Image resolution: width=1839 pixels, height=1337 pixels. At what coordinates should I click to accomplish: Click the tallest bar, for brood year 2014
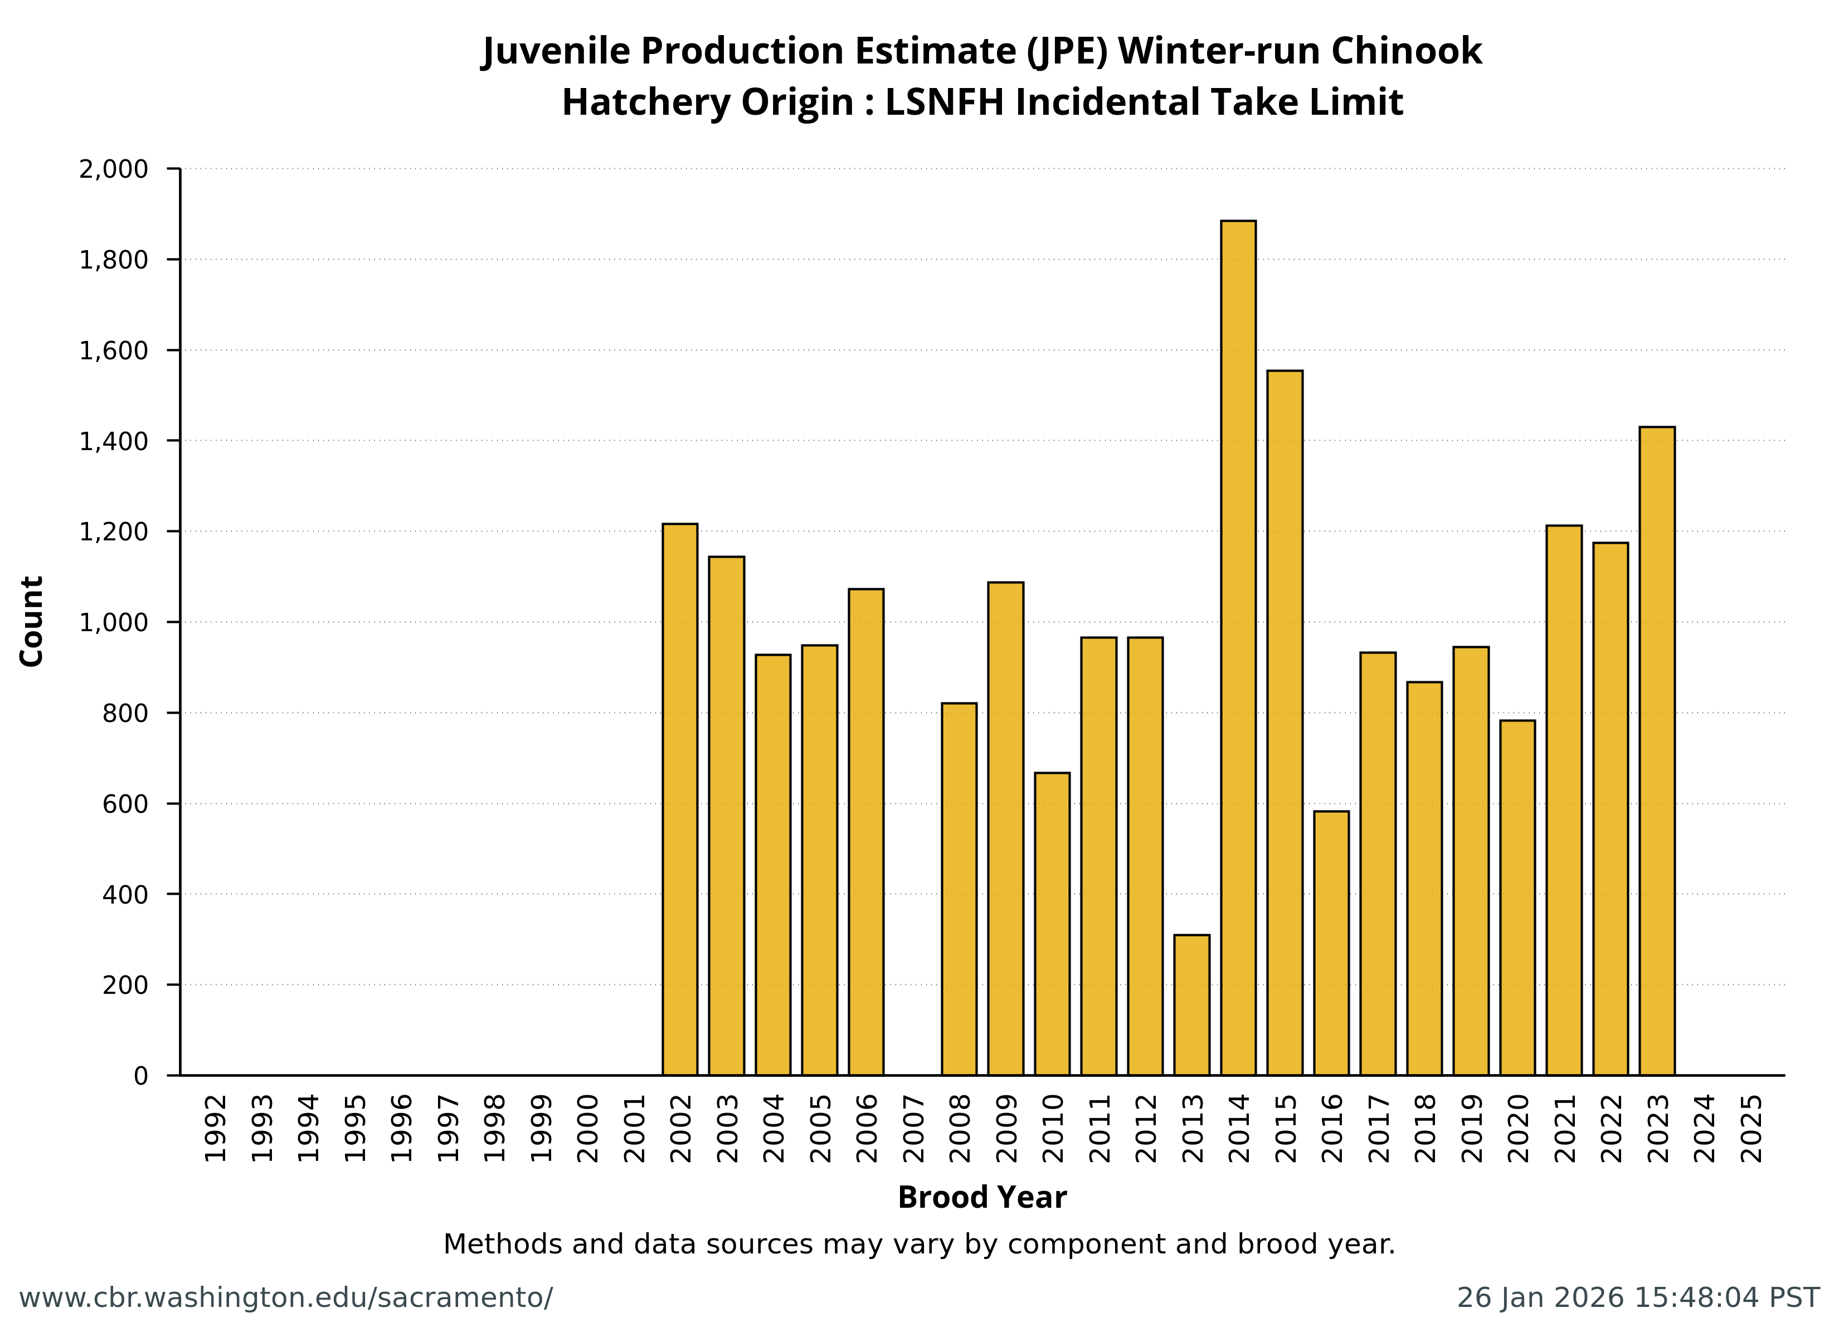click(1238, 648)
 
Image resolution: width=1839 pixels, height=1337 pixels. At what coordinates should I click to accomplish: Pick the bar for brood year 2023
click(1657, 751)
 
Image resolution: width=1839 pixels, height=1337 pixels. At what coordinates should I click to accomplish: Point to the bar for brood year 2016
click(1331, 943)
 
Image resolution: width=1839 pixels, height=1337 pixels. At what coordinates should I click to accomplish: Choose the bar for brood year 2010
click(1052, 924)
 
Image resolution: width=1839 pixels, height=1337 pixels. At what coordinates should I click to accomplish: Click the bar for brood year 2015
click(1285, 723)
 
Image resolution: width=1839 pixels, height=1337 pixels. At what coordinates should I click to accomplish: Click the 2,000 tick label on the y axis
click(114, 169)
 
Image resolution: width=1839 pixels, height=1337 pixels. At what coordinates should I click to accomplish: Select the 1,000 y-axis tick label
click(114, 623)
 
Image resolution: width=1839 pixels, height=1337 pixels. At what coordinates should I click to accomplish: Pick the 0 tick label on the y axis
click(141, 1076)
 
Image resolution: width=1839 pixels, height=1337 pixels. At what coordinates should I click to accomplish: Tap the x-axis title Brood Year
click(982, 1198)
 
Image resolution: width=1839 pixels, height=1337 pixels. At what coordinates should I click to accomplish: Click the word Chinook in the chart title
click(1406, 51)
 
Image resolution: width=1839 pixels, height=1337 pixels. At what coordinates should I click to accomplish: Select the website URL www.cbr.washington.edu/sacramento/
click(285, 1298)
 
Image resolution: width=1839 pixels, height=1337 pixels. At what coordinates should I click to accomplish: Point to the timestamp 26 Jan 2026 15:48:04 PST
click(1638, 1298)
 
